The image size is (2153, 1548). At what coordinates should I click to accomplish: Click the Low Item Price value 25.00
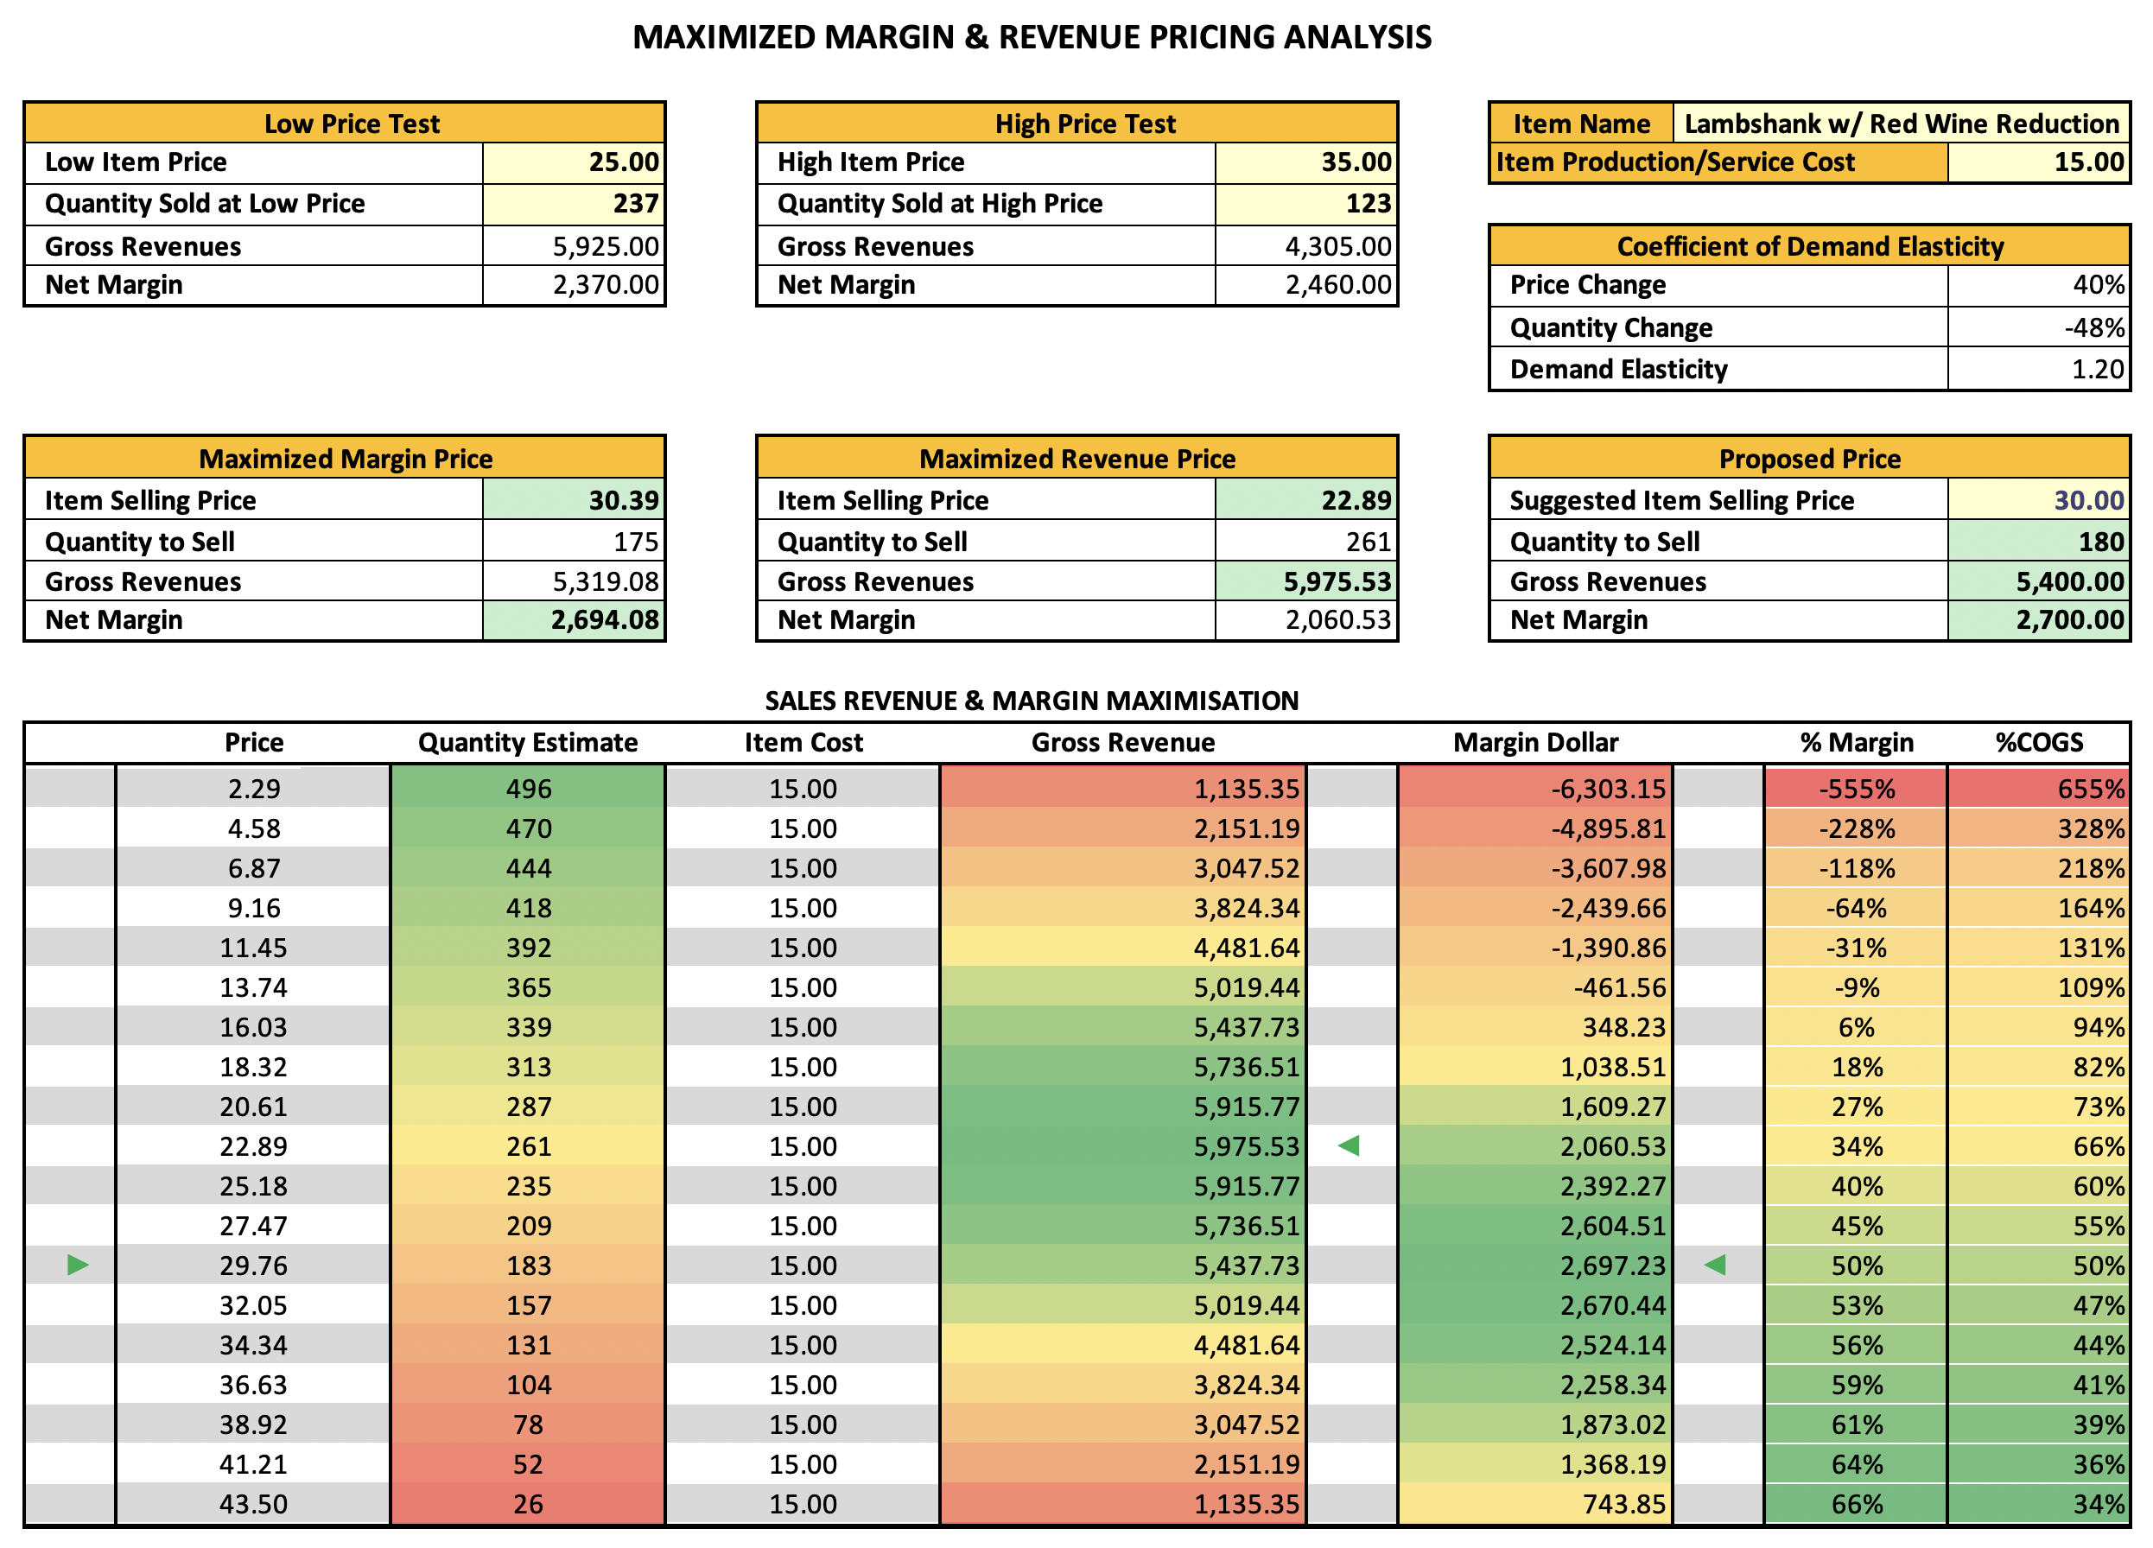[x=623, y=162]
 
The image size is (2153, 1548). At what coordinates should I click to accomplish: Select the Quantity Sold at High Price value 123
[x=1368, y=204]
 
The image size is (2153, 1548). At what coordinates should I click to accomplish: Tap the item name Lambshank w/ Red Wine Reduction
[x=1902, y=124]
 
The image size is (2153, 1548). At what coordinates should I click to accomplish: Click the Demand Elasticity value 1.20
[x=2097, y=369]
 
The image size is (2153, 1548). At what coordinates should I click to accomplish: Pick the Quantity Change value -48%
[x=2094, y=327]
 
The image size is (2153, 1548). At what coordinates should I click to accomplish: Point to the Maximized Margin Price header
[x=346, y=459]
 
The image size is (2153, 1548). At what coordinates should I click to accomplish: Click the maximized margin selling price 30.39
[x=623, y=500]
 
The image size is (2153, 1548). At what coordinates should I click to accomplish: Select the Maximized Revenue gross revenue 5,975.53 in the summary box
[x=1337, y=582]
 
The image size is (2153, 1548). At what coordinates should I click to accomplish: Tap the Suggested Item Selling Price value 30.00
[x=2088, y=500]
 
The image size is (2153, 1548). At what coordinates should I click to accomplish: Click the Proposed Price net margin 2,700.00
[x=2070, y=619]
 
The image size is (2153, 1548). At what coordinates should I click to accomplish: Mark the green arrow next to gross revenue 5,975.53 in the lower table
[x=1348, y=1145]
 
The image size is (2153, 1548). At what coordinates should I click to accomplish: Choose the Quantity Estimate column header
[x=528, y=742]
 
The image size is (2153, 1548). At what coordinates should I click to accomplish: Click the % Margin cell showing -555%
[x=1856, y=789]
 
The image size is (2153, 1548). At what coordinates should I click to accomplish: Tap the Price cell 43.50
[x=253, y=1504]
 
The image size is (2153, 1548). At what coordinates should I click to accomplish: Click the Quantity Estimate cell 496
[x=529, y=789]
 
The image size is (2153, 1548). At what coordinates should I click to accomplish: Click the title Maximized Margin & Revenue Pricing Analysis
[x=1032, y=37]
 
